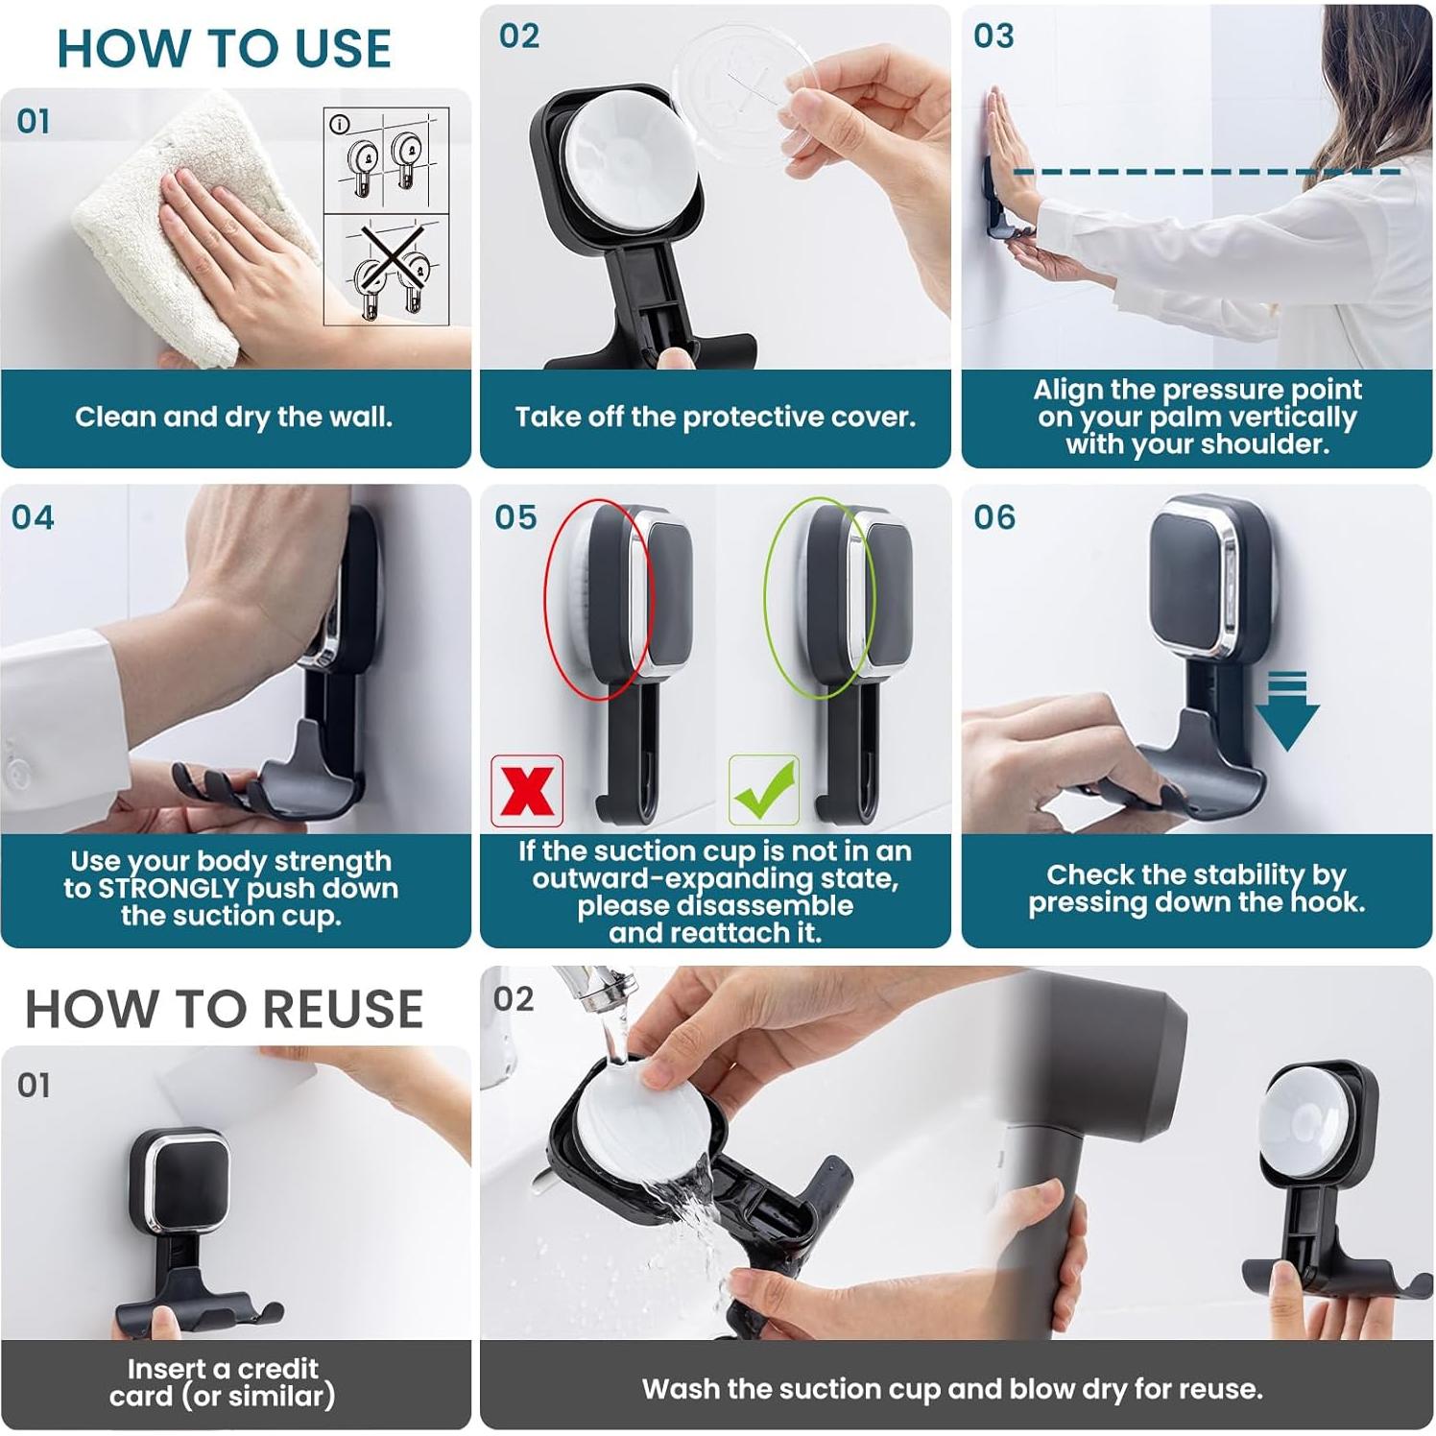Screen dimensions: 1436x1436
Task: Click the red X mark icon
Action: (x=526, y=791)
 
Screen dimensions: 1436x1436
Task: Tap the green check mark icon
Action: (x=764, y=790)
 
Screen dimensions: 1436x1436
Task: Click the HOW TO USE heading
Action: (x=225, y=49)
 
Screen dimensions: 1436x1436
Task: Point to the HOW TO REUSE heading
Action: (x=225, y=1009)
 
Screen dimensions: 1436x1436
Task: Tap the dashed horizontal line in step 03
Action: (x=1208, y=172)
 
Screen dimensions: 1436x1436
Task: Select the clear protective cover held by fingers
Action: (x=744, y=91)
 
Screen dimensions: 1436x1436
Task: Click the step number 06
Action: (x=994, y=518)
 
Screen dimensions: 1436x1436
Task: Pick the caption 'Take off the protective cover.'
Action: (x=715, y=418)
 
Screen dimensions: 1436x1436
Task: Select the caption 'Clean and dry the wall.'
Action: (x=234, y=418)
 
